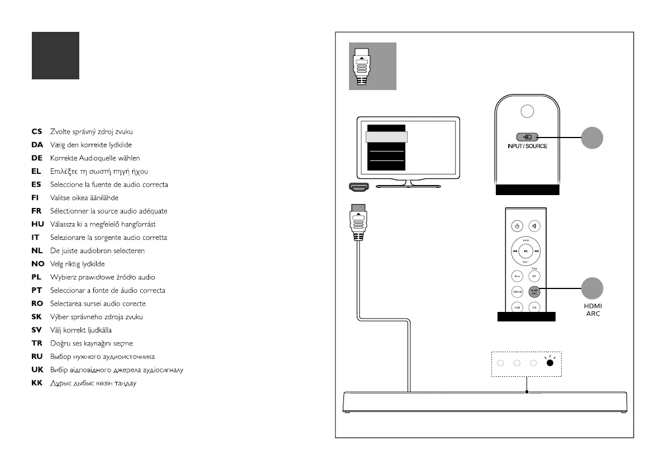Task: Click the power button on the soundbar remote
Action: coord(517,226)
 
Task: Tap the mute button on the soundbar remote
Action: coord(534,226)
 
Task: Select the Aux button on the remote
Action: coord(517,276)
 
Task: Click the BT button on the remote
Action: coord(534,276)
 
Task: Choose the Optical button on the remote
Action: coord(517,291)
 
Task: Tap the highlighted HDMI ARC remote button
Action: coord(534,291)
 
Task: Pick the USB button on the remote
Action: coord(517,307)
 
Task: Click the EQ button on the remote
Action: coord(534,307)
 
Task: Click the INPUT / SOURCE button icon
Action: coord(527,137)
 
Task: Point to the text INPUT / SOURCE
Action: coord(527,146)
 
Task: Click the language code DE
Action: coord(37,158)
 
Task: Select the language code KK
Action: coord(37,383)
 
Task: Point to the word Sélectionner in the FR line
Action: coord(69,211)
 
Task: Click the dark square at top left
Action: coord(55,55)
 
